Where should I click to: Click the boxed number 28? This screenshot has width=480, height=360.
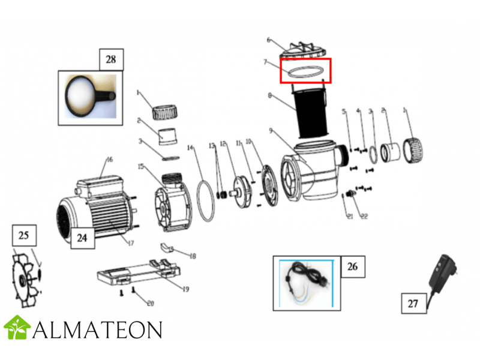(111, 60)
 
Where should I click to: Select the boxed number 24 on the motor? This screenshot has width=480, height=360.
(82, 237)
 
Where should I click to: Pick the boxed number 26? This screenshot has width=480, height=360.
(352, 266)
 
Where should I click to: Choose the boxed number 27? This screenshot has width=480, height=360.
(413, 304)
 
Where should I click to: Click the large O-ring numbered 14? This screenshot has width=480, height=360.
(205, 199)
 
